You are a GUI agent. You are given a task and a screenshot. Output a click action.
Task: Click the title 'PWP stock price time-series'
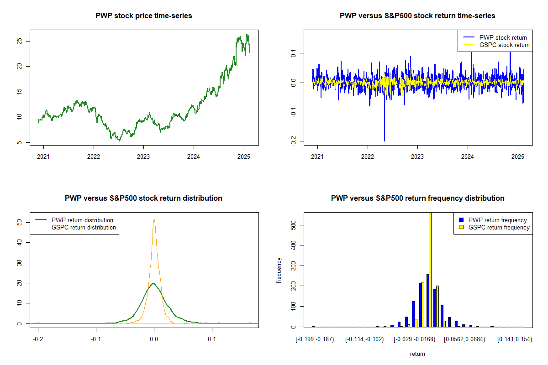click(x=144, y=16)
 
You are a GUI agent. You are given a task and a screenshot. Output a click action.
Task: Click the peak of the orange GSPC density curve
click(x=154, y=219)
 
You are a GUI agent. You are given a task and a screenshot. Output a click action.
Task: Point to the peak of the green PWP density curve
click(x=153, y=283)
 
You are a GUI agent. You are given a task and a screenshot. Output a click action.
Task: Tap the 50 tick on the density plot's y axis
click(x=19, y=222)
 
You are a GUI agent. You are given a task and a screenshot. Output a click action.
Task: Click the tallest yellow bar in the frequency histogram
click(x=430, y=269)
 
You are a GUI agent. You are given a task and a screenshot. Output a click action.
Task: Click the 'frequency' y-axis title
click(x=279, y=270)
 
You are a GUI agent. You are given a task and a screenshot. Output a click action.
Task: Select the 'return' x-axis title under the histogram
click(x=417, y=354)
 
